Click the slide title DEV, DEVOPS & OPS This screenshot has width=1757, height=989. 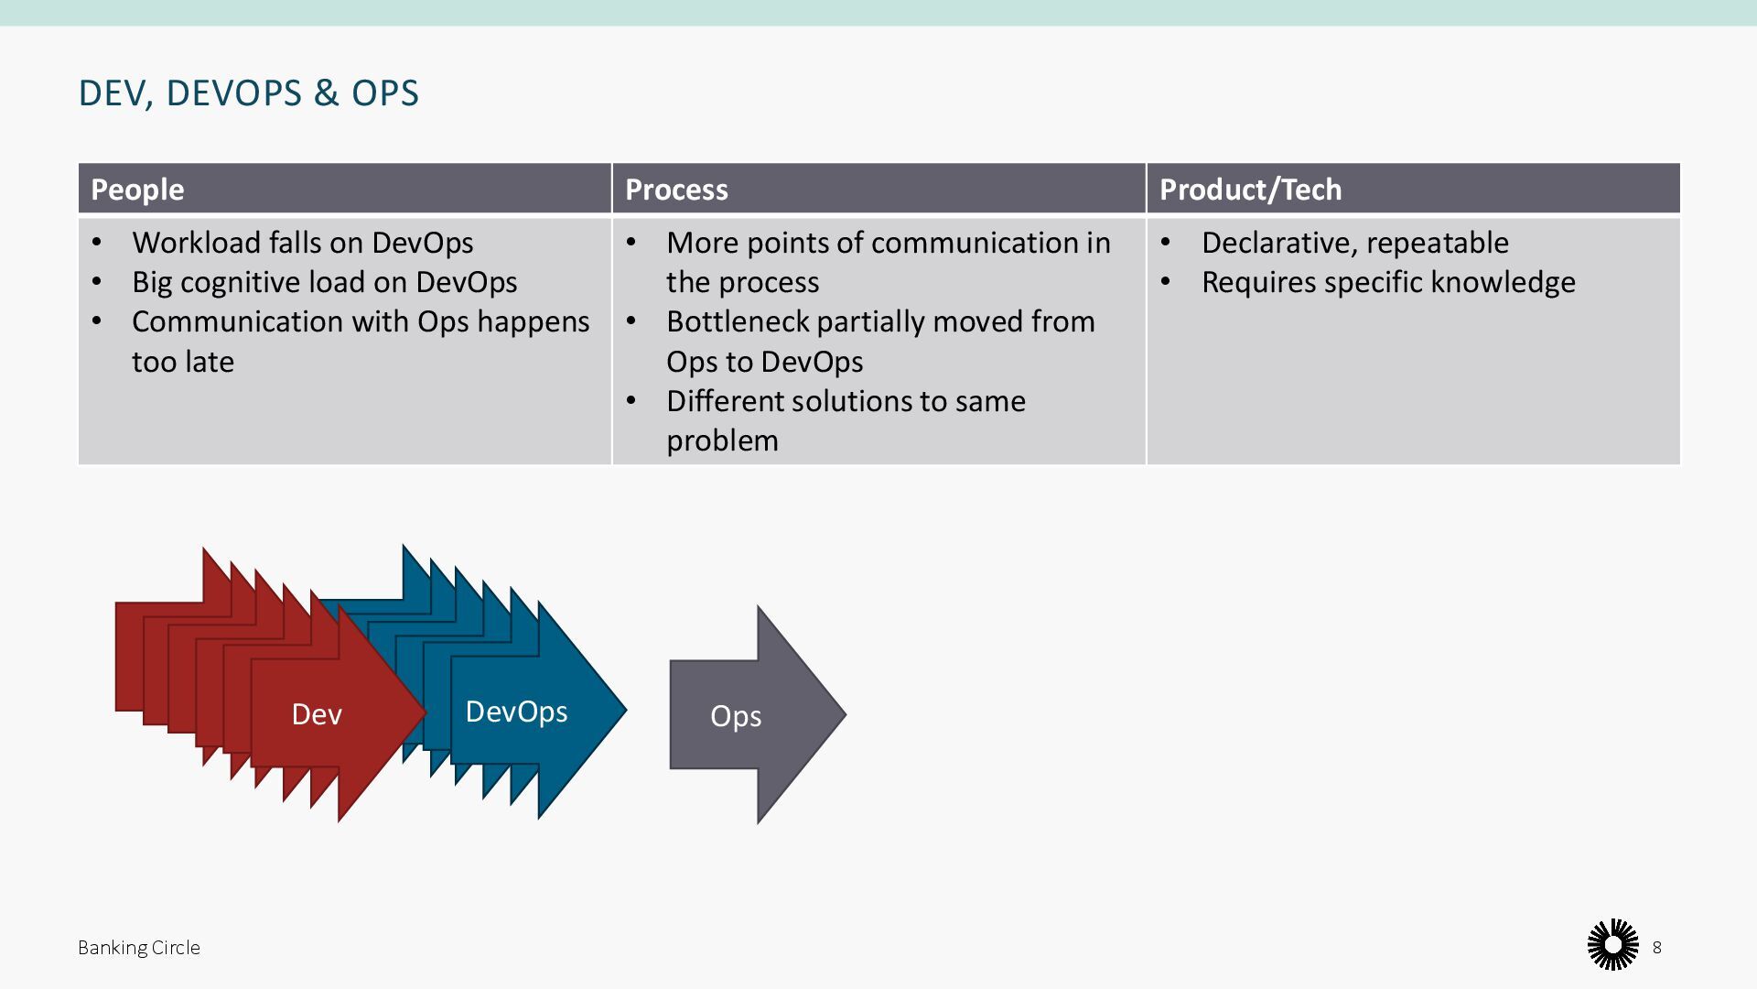pos(249,93)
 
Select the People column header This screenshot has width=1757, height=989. pos(137,190)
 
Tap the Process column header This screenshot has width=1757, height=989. pos(676,190)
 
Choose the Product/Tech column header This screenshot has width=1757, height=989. pos(1250,190)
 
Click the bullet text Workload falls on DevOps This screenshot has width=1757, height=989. pos(302,243)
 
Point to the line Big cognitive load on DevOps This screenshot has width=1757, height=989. pos(324,282)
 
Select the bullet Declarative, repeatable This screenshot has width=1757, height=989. pos(1354,243)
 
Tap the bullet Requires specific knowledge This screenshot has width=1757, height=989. pos(1388,282)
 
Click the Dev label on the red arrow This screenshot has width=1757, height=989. pos(317,714)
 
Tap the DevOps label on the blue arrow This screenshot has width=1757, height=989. pos(516,712)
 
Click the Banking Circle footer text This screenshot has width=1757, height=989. pos(139,948)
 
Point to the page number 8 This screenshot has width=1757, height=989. pos(1656,948)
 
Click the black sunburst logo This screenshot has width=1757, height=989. pos(1612,945)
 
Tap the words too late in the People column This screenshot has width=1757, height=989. pos(183,362)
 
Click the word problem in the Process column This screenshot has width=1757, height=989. pos(722,440)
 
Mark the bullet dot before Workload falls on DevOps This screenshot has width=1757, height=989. pos(97,243)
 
